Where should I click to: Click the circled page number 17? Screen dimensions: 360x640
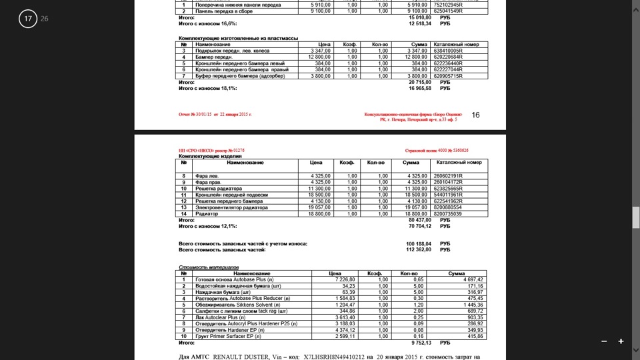pos(28,19)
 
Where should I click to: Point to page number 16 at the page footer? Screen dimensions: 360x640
pos(475,115)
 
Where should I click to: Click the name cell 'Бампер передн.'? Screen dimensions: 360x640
pos(213,57)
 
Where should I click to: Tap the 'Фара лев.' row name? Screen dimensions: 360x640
pos(207,176)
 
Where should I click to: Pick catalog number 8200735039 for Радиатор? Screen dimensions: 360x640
pos(448,213)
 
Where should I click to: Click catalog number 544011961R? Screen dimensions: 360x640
pos(448,195)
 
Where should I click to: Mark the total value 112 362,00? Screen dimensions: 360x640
pos(418,250)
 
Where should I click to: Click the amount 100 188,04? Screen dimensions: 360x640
pos(418,244)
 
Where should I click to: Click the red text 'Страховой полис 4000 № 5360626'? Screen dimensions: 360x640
pos(437,151)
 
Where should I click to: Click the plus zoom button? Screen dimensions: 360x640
pos(621,341)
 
